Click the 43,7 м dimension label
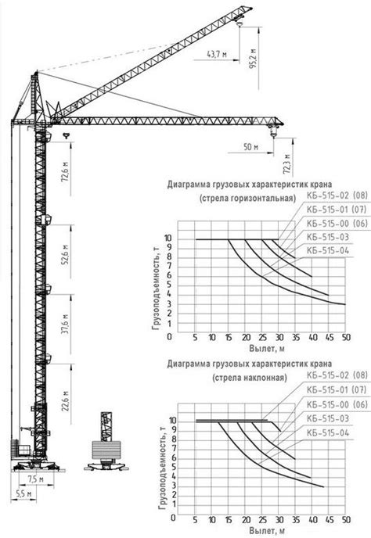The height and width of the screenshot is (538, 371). [217, 54]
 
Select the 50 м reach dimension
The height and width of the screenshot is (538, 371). [250, 147]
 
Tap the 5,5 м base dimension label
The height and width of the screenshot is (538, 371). [23, 493]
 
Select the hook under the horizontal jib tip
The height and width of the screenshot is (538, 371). [273, 131]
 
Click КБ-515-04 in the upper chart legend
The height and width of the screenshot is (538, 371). [327, 251]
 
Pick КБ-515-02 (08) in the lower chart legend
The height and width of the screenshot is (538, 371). [337, 375]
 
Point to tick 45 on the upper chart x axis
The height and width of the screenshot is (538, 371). [329, 338]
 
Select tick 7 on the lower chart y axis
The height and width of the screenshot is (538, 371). [174, 448]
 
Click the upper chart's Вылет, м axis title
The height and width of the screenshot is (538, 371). [267, 349]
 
